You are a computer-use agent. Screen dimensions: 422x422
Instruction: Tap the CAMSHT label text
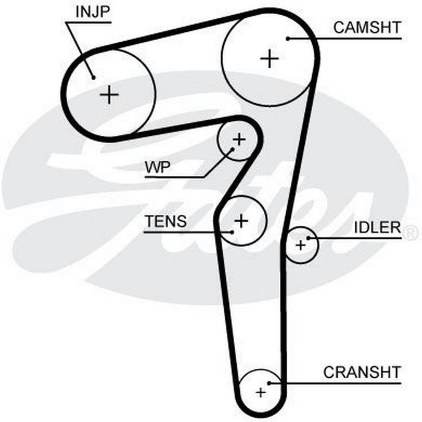click(366, 28)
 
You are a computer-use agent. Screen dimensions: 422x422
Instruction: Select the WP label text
click(157, 168)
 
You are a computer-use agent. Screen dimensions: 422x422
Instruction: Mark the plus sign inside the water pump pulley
click(239, 139)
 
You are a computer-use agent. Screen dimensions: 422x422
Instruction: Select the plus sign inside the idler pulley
click(300, 245)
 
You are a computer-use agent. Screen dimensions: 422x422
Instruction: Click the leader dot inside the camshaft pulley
click(287, 38)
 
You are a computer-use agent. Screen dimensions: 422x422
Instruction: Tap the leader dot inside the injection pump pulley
click(93, 77)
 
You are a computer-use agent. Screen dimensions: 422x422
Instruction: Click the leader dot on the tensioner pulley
click(232, 231)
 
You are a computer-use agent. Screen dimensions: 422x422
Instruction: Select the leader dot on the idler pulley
click(308, 238)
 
